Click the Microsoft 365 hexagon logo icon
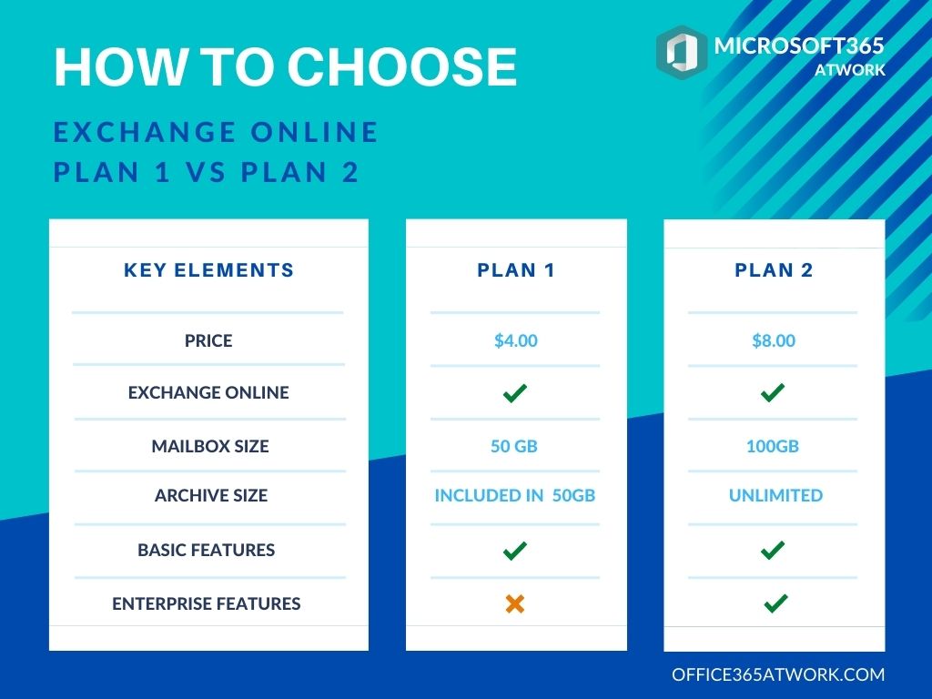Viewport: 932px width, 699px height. (682, 51)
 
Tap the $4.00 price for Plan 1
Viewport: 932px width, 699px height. (516, 340)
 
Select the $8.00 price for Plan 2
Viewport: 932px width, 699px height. (774, 340)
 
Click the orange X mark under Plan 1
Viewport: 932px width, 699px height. (515, 603)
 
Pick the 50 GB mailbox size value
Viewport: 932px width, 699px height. (514, 446)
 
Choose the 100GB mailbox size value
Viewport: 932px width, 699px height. (773, 446)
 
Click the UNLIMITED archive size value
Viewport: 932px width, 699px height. (775, 495)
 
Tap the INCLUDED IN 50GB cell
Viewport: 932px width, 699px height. (515, 495)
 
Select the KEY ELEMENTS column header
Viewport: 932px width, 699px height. (208, 270)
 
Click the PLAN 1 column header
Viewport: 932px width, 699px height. (516, 270)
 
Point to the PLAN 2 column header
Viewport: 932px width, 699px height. (774, 270)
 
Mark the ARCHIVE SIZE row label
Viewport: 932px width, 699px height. (211, 495)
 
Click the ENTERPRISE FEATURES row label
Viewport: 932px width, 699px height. (207, 603)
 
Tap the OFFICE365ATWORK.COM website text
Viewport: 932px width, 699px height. (778, 674)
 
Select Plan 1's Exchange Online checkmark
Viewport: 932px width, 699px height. (515, 393)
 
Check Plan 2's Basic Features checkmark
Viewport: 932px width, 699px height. (773, 550)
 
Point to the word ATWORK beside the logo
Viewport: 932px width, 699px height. (850, 70)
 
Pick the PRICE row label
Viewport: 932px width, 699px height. (208, 340)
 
